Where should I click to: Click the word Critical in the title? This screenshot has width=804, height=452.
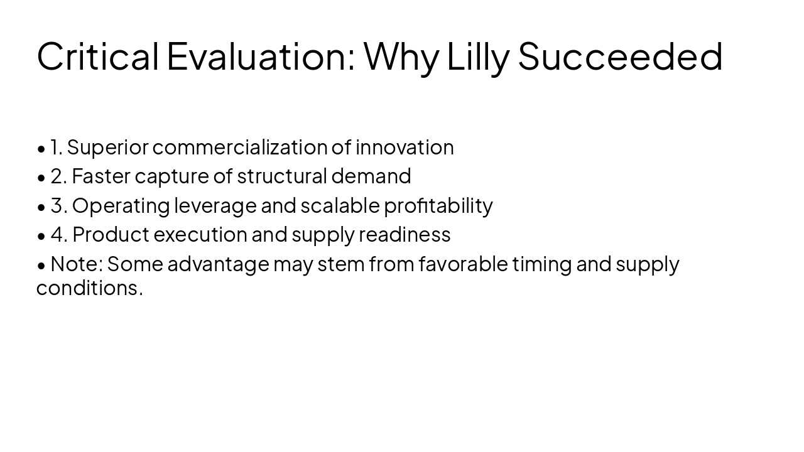tap(97, 56)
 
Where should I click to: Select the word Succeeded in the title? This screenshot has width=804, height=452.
tap(620, 56)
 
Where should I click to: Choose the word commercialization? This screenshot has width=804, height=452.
tap(239, 148)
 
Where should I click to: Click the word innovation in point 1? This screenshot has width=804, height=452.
tap(405, 148)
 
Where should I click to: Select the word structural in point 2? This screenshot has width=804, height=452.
tap(282, 176)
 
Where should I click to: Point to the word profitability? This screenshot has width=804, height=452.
tap(438, 206)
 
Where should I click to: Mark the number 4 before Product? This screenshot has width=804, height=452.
tap(58, 235)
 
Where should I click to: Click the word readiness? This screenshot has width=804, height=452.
tap(405, 235)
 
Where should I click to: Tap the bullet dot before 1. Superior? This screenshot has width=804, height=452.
tap(41, 149)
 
